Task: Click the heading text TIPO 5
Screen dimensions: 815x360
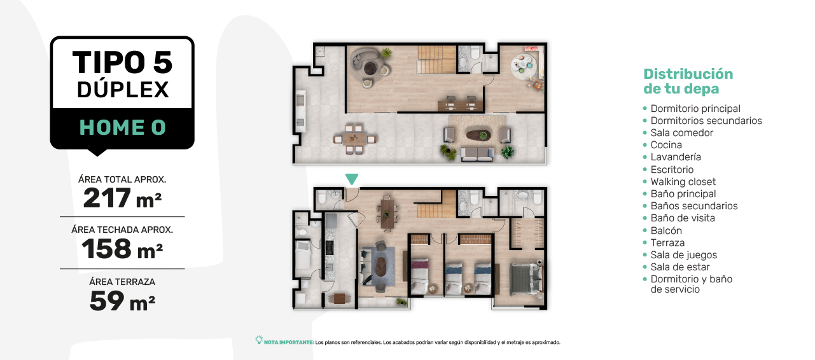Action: point(122,62)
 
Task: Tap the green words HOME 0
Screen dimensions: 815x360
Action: point(123,127)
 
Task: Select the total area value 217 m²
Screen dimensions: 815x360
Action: point(122,198)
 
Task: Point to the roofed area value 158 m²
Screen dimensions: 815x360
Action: point(122,249)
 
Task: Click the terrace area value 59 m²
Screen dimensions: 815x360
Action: point(122,301)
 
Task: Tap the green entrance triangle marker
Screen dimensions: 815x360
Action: point(352,179)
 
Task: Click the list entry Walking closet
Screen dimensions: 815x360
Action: point(683,181)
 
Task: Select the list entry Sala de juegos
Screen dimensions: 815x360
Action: point(684,255)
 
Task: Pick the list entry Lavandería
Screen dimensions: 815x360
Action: point(676,157)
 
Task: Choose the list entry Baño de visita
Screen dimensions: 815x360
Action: point(683,218)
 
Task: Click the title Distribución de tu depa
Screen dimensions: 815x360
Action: point(688,81)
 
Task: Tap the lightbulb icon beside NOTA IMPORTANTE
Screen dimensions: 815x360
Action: point(259,340)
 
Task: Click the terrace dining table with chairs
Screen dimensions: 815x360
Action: point(355,139)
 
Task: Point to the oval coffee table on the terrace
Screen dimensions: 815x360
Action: point(478,135)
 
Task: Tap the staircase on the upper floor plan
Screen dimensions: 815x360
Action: point(436,59)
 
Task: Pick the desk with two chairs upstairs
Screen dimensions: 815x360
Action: point(461,104)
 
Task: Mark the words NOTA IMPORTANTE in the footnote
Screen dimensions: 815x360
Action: point(289,343)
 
